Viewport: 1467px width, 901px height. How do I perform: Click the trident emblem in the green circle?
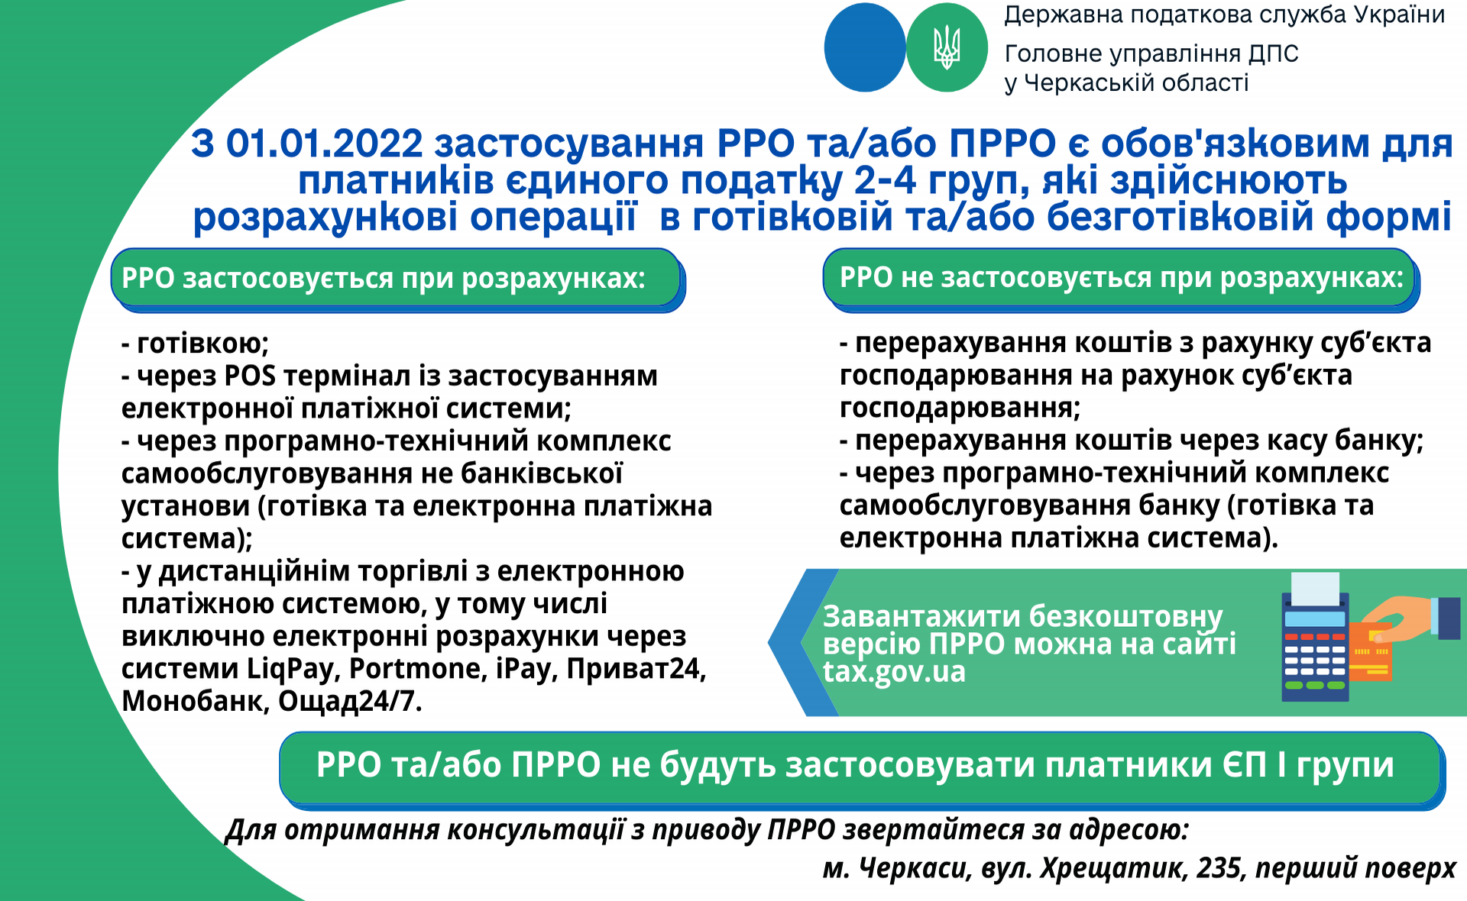[x=947, y=47]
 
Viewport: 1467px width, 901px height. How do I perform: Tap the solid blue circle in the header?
[x=865, y=47]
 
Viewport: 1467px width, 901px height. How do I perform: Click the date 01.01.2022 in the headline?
[x=324, y=144]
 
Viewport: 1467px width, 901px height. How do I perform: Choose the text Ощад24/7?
[x=350, y=701]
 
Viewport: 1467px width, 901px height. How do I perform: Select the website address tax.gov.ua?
[x=894, y=672]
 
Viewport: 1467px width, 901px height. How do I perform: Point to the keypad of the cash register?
[x=1315, y=661]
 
